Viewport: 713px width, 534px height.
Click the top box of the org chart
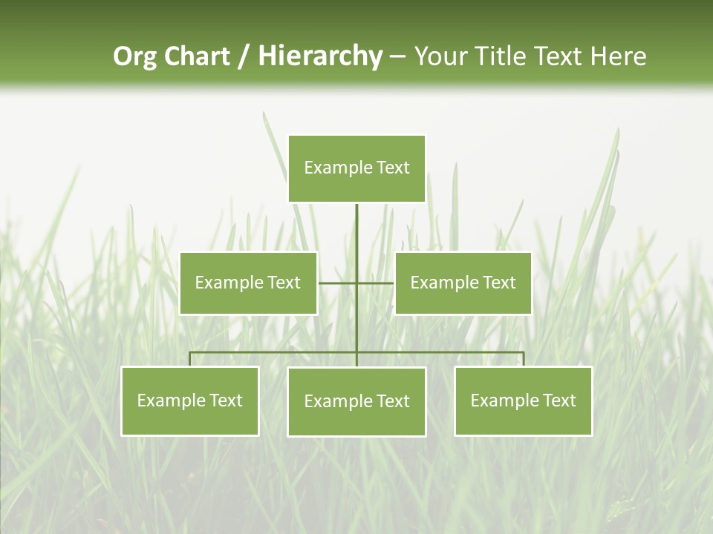[x=356, y=168]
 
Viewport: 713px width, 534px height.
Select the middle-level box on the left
[x=248, y=283]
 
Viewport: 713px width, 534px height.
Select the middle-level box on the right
[x=463, y=283]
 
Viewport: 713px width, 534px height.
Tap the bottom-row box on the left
[x=190, y=400]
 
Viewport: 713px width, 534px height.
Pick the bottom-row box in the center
[x=356, y=401]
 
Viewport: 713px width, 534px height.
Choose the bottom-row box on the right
[x=524, y=400]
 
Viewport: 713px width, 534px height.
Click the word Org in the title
[x=135, y=56]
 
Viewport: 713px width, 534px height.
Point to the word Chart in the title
[x=197, y=56]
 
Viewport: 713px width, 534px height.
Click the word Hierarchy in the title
[x=320, y=56]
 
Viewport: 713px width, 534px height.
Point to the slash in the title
[x=244, y=56]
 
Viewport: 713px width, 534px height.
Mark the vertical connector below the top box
[x=356, y=237]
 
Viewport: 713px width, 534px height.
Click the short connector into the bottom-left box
[x=190, y=359]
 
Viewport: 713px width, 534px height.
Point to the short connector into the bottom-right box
[x=524, y=359]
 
